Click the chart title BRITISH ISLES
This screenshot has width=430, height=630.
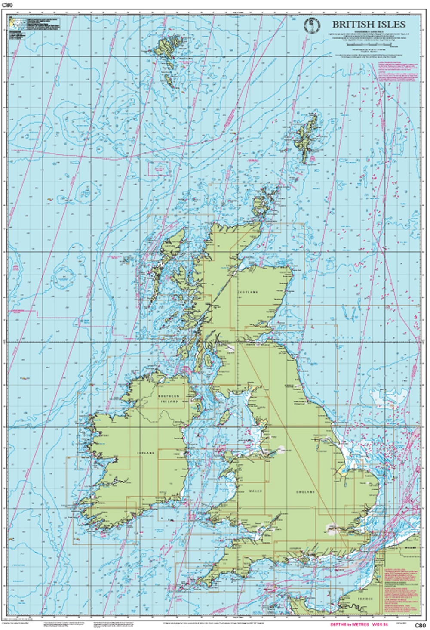tap(369, 25)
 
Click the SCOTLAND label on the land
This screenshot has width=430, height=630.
tap(249, 292)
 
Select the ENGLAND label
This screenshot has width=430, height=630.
tap(305, 491)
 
